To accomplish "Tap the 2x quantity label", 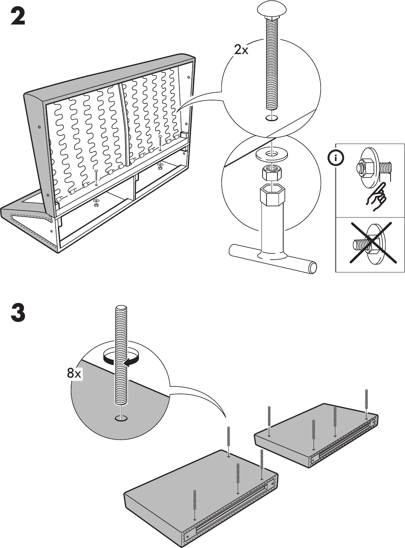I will (x=241, y=50).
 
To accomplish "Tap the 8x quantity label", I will (x=74, y=374).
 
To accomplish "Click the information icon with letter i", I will (x=337, y=158).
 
